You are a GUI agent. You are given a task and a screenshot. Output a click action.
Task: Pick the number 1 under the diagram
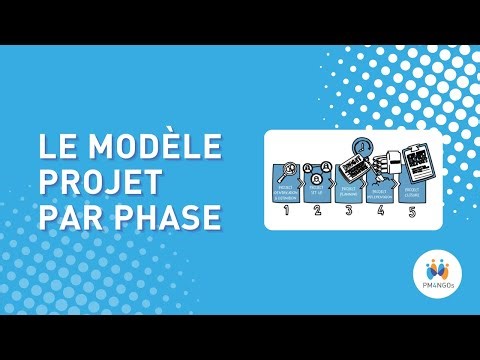pyautogui.click(x=286, y=211)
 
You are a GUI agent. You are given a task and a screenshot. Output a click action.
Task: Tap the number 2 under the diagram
pyautogui.click(x=317, y=211)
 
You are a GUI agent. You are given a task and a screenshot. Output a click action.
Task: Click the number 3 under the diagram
pyautogui.click(x=349, y=211)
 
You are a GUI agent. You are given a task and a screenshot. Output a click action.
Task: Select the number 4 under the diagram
pyautogui.click(x=381, y=211)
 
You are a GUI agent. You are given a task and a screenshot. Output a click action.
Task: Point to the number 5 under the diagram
pyautogui.click(x=412, y=211)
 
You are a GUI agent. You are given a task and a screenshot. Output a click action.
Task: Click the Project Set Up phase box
pyautogui.click(x=318, y=188)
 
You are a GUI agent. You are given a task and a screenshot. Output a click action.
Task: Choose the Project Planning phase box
pyautogui.click(x=349, y=188)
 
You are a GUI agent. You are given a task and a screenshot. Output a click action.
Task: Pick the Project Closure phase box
pyautogui.click(x=412, y=188)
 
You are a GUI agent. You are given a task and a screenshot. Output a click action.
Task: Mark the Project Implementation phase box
pyautogui.click(x=380, y=189)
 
